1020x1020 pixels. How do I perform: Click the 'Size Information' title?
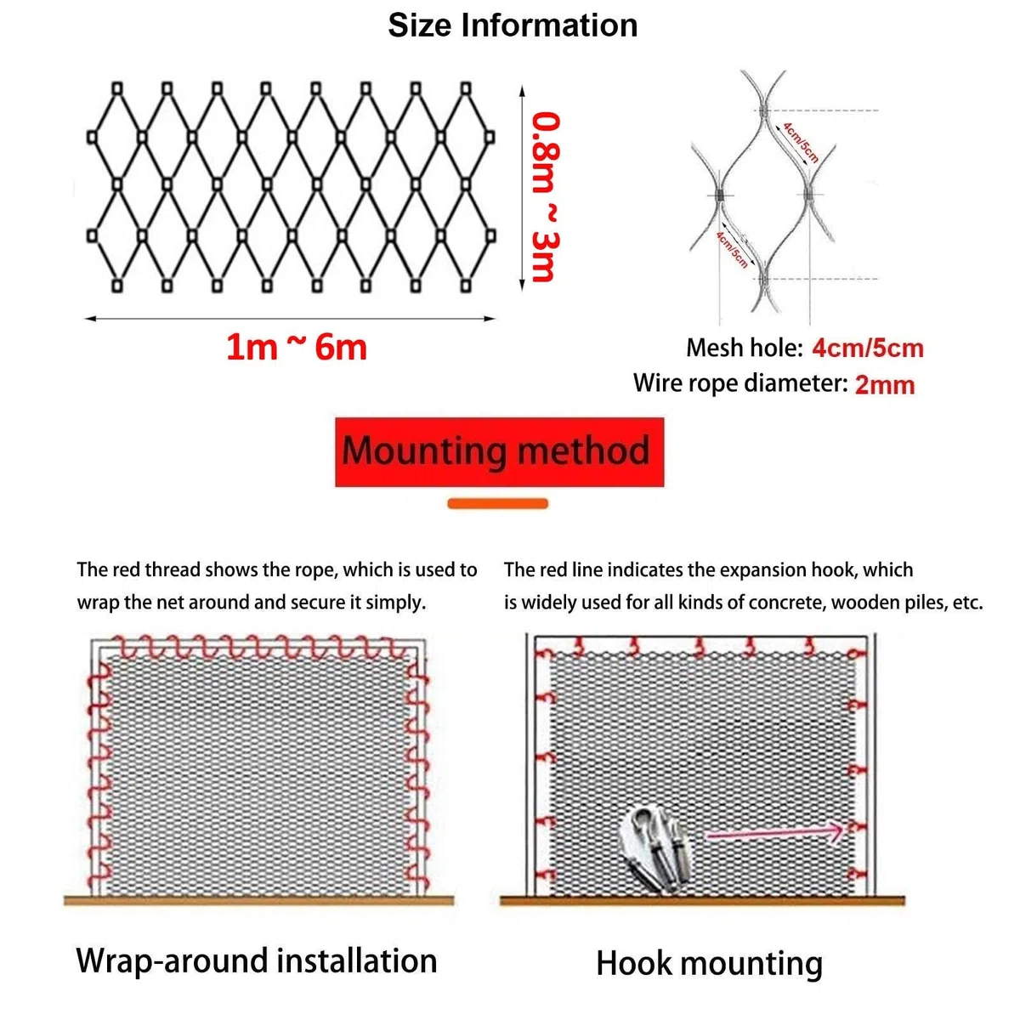click(x=513, y=25)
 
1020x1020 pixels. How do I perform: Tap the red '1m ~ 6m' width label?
click(x=297, y=348)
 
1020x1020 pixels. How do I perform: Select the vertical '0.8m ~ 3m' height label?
click(x=545, y=196)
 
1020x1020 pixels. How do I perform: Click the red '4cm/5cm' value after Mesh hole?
click(x=868, y=348)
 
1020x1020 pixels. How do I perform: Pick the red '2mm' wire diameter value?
click(x=885, y=385)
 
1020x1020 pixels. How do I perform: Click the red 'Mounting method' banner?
click(x=499, y=452)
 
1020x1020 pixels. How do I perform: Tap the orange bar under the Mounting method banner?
click(x=497, y=503)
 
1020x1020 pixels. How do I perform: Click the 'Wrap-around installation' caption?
click(x=257, y=960)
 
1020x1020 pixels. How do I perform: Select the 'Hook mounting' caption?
click(x=709, y=963)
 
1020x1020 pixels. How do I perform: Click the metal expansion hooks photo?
click(x=654, y=847)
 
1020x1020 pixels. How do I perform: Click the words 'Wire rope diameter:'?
click(x=740, y=383)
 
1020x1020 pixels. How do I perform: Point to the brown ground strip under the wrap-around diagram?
click(x=259, y=900)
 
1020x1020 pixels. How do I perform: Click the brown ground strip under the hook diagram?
click(x=702, y=900)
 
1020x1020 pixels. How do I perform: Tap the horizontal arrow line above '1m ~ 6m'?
click(x=290, y=319)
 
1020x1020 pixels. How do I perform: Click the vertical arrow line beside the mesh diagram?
click(x=522, y=188)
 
